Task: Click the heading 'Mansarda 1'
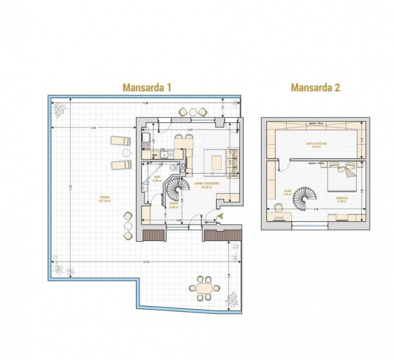pyautogui.click(x=147, y=87)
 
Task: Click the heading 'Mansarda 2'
pyautogui.click(x=315, y=87)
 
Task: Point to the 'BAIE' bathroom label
pyautogui.click(x=157, y=178)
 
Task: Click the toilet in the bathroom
pyautogui.click(x=173, y=168)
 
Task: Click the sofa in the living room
pyautogui.click(x=233, y=162)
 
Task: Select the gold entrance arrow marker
pyautogui.click(x=219, y=215)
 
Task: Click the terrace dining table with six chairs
pyautogui.click(x=204, y=288)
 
